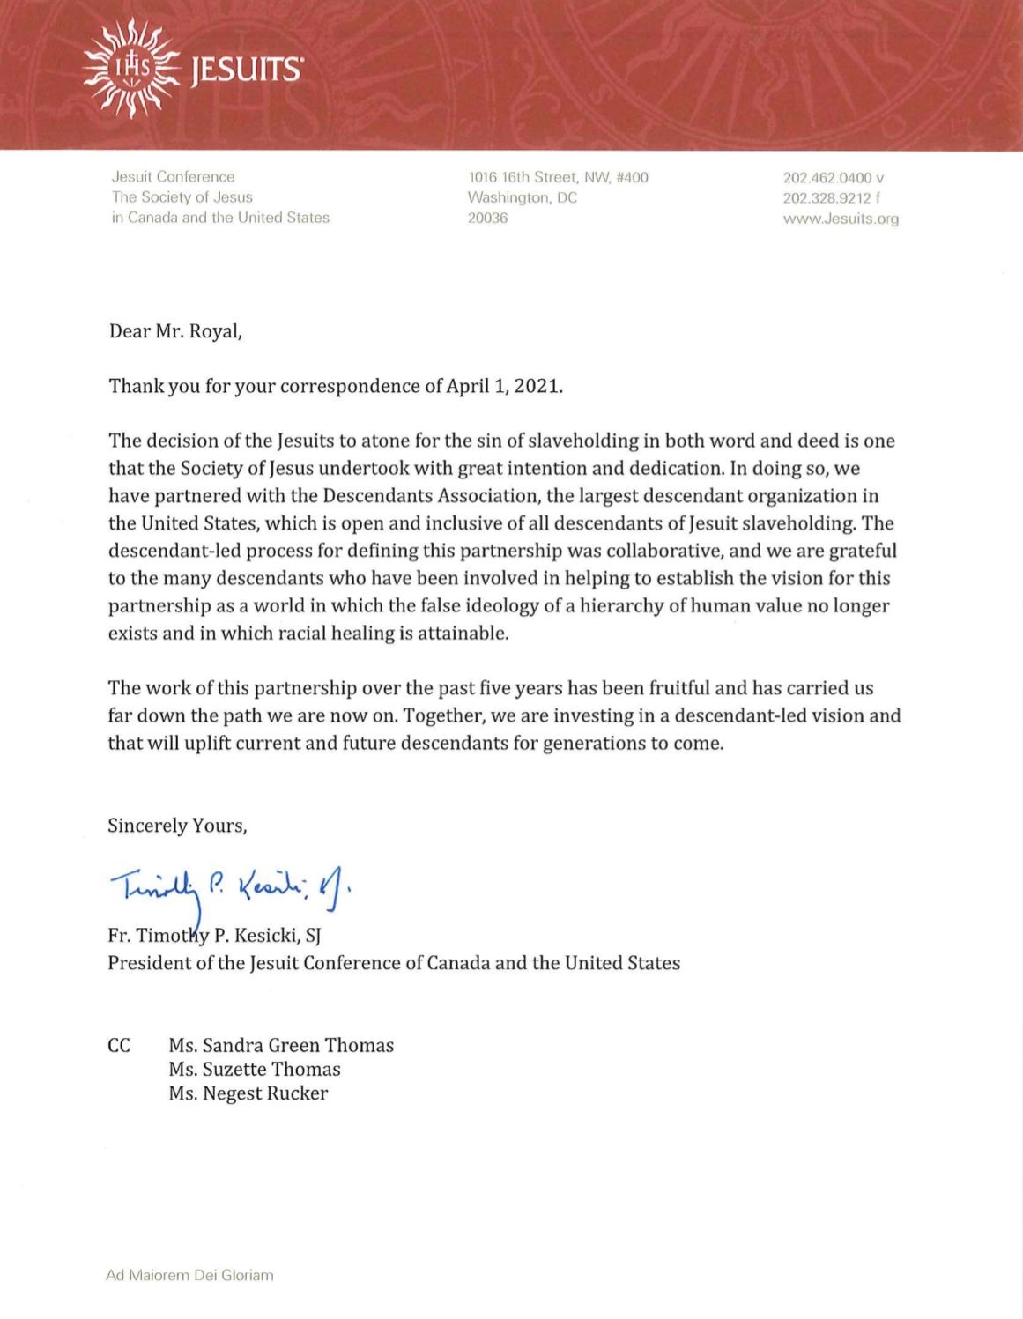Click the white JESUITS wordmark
246,70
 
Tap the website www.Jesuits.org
841,219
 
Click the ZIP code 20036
487,218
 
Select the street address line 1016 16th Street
557,177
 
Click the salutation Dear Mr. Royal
174,331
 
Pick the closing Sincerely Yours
177,826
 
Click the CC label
119,1045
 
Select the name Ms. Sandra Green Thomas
281,1045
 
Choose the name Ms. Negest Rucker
248,1093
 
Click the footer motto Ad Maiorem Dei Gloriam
189,1275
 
